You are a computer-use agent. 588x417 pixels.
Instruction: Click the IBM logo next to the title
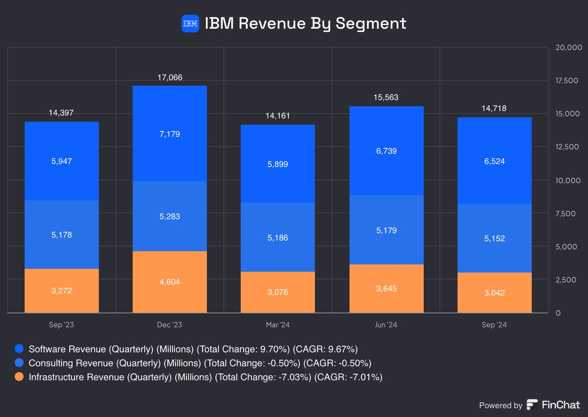point(190,23)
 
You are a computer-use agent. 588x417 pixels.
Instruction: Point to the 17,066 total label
point(170,78)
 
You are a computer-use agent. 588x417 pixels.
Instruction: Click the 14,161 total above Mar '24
point(278,116)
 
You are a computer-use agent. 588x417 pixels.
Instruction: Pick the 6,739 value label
point(386,151)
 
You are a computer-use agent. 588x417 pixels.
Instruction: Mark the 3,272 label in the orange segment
point(61,290)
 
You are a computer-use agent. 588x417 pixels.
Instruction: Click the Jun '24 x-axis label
point(386,325)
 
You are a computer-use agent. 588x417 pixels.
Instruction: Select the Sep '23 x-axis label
point(61,325)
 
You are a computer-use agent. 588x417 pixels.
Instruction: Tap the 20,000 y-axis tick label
point(568,47)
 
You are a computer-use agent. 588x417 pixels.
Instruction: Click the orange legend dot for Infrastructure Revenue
point(19,377)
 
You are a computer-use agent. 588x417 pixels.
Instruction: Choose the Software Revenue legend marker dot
point(19,349)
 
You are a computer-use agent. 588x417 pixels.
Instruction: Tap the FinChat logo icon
point(532,405)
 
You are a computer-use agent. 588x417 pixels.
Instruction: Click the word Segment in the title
point(370,23)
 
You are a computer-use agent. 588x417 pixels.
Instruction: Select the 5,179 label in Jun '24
point(386,230)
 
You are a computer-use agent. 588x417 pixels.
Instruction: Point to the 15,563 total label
point(386,97)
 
